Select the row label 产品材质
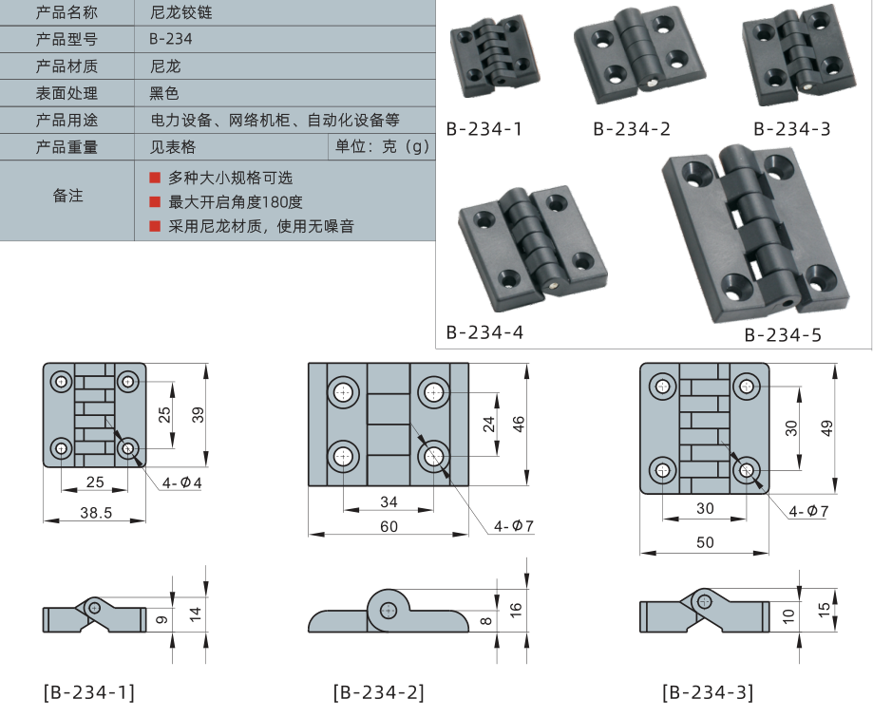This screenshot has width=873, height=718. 66,66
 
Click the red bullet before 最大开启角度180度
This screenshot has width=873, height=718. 155,201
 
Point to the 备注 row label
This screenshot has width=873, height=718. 66,197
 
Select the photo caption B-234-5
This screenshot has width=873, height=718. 782,334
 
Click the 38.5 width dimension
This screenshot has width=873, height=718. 94,512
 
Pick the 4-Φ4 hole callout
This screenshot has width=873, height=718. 181,482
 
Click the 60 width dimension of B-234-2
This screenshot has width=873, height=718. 389,526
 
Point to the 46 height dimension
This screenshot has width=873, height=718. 518,424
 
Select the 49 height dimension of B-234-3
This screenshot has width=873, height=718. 826,428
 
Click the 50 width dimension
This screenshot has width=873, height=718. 704,542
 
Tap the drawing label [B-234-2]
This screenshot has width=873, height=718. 378,692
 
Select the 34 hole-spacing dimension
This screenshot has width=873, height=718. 389,501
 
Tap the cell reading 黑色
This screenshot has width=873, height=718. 164,93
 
